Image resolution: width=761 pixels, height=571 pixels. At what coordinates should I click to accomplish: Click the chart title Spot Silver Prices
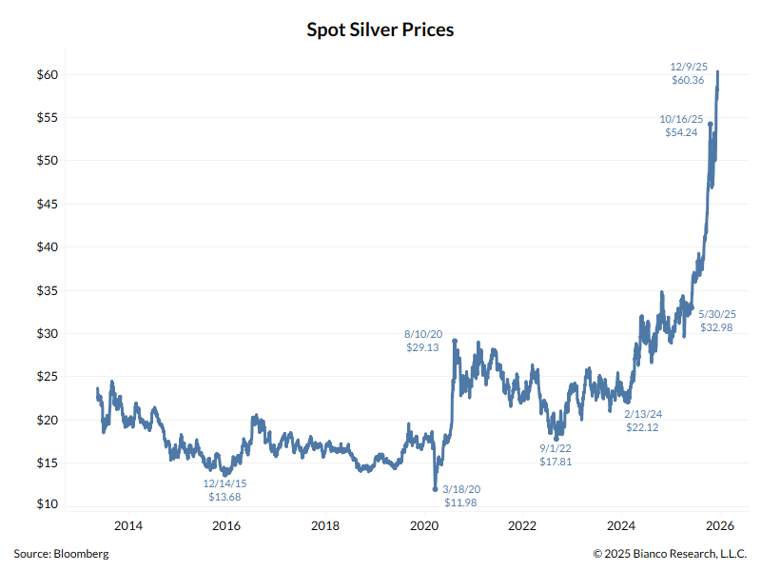[380, 30]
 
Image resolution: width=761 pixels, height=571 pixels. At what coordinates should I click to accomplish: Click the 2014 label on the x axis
[127, 525]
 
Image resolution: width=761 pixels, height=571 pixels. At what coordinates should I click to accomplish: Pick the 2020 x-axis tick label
[423, 525]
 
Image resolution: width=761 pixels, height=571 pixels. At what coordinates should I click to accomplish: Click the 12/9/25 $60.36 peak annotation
[688, 73]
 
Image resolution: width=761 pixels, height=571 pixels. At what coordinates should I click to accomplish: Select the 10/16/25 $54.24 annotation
[681, 126]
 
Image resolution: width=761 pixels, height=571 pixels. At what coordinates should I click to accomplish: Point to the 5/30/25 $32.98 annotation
[718, 320]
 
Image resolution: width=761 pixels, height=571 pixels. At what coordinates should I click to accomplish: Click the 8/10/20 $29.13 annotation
[424, 341]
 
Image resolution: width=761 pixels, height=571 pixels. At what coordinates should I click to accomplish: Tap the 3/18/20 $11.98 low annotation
[461, 495]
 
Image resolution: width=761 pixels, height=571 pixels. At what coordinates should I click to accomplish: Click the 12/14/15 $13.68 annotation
[224, 489]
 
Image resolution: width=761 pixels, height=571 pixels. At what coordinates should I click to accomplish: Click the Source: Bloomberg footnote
[61, 553]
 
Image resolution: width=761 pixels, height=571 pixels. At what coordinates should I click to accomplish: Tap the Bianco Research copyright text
[671, 553]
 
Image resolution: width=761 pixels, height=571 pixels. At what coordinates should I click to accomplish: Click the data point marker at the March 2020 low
[436, 489]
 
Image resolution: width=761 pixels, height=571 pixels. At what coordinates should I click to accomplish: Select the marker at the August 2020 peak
[455, 341]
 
